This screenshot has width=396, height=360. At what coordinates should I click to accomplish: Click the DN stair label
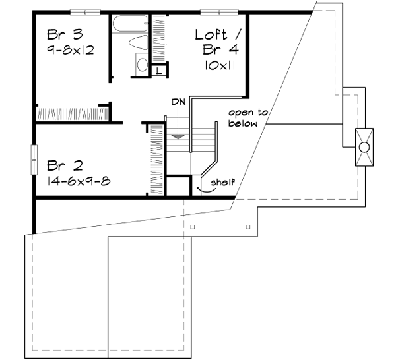177,102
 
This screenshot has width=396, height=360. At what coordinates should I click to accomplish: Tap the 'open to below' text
247,117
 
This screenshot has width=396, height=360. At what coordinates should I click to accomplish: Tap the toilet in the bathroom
138,44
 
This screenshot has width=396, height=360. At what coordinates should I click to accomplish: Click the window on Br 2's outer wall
33,160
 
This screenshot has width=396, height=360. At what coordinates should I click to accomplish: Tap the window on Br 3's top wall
85,12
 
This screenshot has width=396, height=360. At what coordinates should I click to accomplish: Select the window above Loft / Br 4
215,12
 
